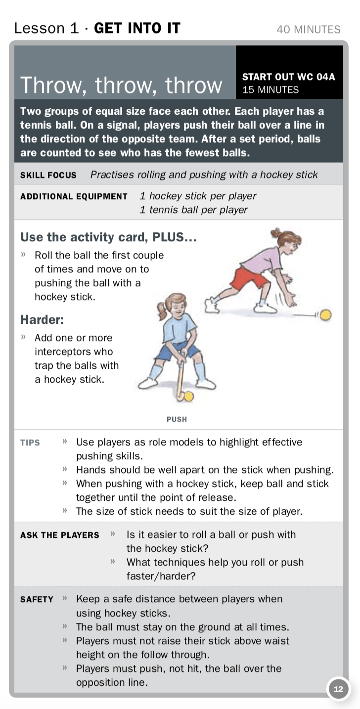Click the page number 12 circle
(338, 689)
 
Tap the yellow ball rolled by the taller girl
(325, 315)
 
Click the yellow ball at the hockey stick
(188, 396)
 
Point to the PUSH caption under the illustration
(177, 419)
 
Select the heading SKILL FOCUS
(48, 175)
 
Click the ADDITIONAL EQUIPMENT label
(74, 196)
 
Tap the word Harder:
(42, 320)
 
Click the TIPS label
(30, 443)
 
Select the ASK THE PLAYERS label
(60, 535)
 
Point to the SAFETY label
(37, 599)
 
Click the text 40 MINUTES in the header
(309, 29)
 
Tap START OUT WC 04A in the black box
(288, 77)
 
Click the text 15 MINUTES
(270, 90)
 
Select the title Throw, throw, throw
(121, 85)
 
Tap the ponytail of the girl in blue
(162, 310)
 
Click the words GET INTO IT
(137, 28)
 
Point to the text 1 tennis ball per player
(193, 210)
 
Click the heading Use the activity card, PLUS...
(108, 237)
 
